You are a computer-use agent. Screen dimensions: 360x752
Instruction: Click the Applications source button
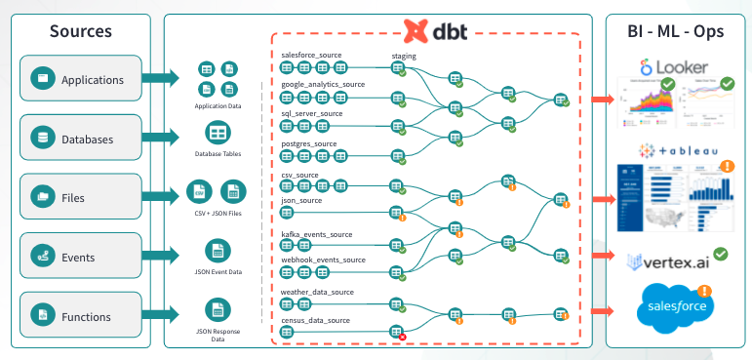[x=81, y=79]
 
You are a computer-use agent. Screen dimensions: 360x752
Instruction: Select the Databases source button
[x=81, y=139]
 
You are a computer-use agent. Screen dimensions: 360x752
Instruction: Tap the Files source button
[x=81, y=198]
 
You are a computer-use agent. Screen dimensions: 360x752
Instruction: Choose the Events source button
[x=81, y=258]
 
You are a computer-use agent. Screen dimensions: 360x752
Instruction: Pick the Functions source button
[x=81, y=317]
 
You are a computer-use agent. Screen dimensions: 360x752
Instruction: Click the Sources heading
[x=81, y=31]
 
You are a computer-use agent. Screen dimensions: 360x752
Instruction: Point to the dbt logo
[x=435, y=31]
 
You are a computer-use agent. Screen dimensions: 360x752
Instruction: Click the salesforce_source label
[x=311, y=56]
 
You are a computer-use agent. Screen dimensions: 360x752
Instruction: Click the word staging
[x=404, y=57]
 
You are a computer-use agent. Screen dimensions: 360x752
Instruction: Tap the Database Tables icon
[x=217, y=132]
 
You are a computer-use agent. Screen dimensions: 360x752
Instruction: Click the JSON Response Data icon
[x=217, y=310]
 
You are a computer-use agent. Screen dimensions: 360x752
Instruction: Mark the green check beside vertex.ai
[x=721, y=254]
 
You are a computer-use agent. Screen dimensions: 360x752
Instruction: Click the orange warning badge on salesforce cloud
[x=704, y=290]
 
